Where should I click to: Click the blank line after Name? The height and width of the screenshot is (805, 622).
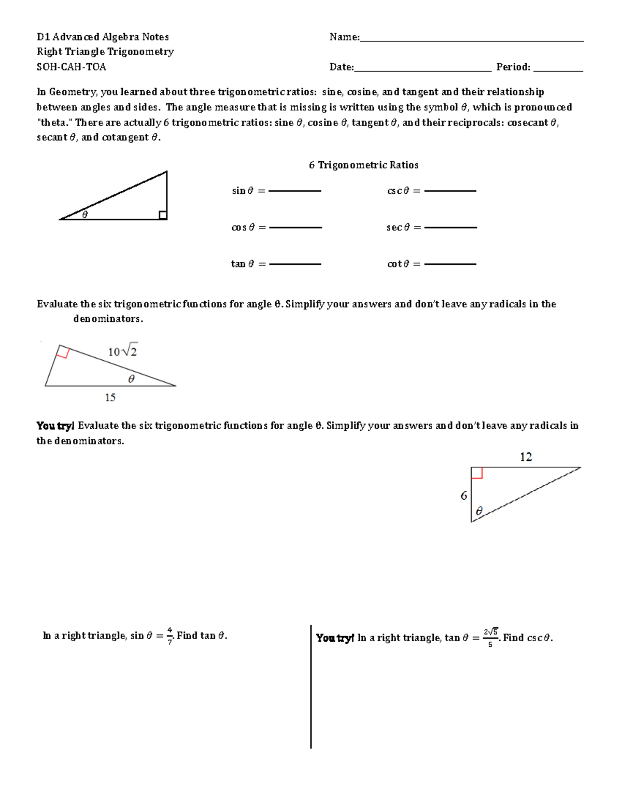click(x=472, y=40)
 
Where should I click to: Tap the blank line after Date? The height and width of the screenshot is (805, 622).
click(x=422, y=70)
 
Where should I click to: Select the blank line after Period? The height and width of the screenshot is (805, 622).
click(x=558, y=70)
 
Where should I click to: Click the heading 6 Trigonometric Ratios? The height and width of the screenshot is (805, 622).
click(x=363, y=165)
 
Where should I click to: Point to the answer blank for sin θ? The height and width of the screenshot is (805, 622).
click(x=295, y=191)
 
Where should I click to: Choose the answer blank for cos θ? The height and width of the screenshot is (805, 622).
click(x=295, y=227)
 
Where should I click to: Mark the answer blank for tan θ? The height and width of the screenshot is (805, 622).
click(x=295, y=264)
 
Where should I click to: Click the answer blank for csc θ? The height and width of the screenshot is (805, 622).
click(x=450, y=191)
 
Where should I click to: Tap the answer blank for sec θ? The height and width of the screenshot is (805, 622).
click(x=450, y=227)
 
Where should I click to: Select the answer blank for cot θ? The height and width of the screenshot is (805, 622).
click(x=450, y=264)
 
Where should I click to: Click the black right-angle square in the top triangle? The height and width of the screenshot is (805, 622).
click(x=163, y=215)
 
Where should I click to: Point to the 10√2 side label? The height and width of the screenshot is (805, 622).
click(x=122, y=351)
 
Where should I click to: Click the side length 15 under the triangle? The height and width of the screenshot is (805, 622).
click(x=110, y=398)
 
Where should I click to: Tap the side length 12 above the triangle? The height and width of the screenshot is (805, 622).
click(x=526, y=457)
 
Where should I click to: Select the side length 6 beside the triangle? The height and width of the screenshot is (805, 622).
click(x=463, y=496)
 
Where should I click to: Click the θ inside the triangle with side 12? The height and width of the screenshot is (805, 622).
click(x=479, y=511)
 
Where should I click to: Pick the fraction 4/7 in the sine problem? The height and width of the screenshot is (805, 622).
click(x=170, y=636)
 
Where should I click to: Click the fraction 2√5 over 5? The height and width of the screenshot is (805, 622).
click(x=490, y=638)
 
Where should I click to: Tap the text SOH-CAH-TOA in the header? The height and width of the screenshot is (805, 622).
click(x=71, y=67)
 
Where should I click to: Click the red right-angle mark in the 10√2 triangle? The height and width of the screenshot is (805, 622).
click(x=63, y=353)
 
